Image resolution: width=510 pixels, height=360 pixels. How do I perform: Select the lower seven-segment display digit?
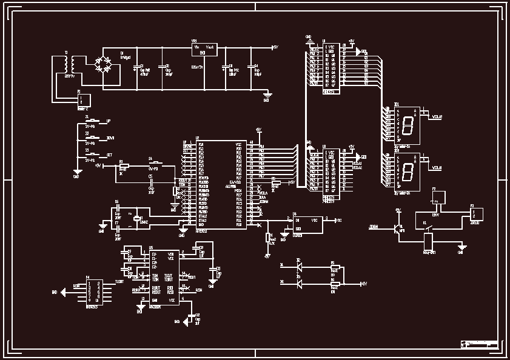tap(408, 173)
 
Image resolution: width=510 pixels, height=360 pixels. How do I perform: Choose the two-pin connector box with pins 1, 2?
tap(477, 214)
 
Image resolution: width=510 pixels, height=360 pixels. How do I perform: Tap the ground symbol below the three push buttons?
tap(76, 172)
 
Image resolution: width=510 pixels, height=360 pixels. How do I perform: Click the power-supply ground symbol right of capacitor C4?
tap(266, 93)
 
